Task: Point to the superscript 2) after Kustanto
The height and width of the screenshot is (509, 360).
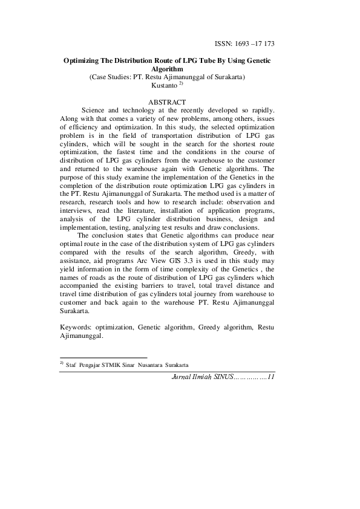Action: click(x=180, y=85)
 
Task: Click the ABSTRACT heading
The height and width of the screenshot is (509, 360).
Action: click(x=166, y=102)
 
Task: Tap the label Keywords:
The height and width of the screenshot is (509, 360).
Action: click(x=76, y=326)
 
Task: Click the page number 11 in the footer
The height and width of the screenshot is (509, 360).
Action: click(x=270, y=377)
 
